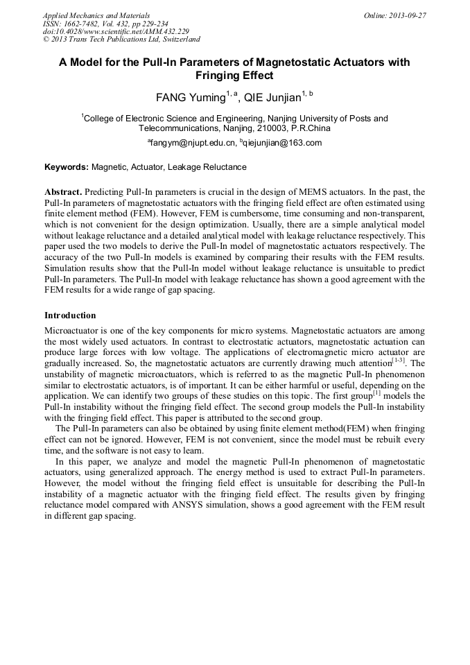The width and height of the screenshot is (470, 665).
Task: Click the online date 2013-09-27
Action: (408, 15)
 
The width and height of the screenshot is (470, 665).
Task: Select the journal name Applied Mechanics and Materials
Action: (96, 15)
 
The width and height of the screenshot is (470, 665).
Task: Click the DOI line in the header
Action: (116, 32)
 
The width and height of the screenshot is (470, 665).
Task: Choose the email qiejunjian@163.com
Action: (282, 143)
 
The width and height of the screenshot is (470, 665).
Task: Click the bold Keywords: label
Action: (67, 167)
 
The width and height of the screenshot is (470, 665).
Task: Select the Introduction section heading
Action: (70, 316)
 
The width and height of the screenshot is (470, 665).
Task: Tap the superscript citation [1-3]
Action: (399, 361)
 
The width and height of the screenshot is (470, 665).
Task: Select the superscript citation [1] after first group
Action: (374, 393)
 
